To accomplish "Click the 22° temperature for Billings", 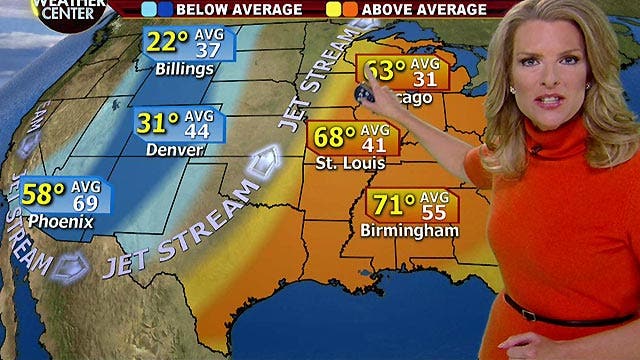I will [169, 42].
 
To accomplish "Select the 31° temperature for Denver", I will [157, 125].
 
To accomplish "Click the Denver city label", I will [175, 150].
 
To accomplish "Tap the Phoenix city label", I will [60, 218].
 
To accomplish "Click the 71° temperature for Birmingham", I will [392, 205].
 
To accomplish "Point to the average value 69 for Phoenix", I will [87, 197].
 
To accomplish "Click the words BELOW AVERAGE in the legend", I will [238, 10].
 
